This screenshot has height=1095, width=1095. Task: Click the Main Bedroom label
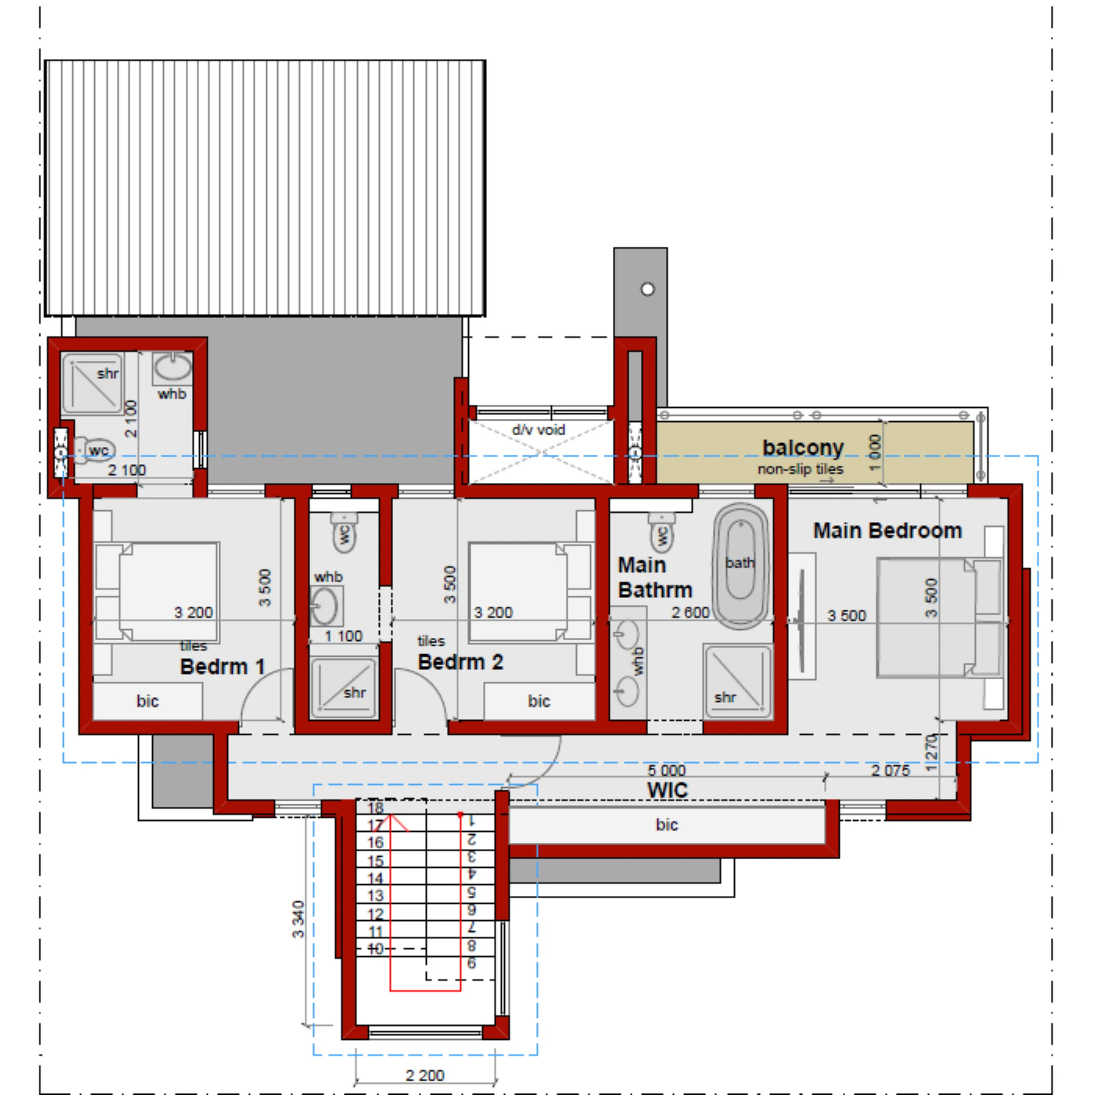[x=887, y=531]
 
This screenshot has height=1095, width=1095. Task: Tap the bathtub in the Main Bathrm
[x=741, y=565]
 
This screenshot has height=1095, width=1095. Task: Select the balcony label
[x=803, y=447]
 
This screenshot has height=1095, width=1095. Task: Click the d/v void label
[x=538, y=430]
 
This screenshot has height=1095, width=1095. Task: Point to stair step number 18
[x=375, y=808]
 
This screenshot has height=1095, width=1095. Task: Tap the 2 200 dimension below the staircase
[x=425, y=1075]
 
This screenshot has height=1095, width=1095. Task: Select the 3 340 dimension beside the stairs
[x=298, y=919]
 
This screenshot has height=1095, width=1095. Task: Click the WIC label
[x=667, y=790]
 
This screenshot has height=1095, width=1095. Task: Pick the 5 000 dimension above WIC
[x=667, y=770]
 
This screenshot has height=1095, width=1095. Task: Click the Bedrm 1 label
[x=222, y=667]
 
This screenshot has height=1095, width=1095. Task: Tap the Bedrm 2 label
[x=460, y=662]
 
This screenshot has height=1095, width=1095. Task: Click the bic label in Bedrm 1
[x=147, y=701]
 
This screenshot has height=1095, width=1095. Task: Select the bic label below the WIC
[x=667, y=825]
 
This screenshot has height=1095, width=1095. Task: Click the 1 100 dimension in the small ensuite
[x=343, y=636]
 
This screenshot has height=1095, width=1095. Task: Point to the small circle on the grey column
[x=648, y=289]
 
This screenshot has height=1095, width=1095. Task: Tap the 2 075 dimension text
[x=890, y=770]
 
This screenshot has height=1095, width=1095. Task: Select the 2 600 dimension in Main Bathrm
[x=690, y=612]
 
